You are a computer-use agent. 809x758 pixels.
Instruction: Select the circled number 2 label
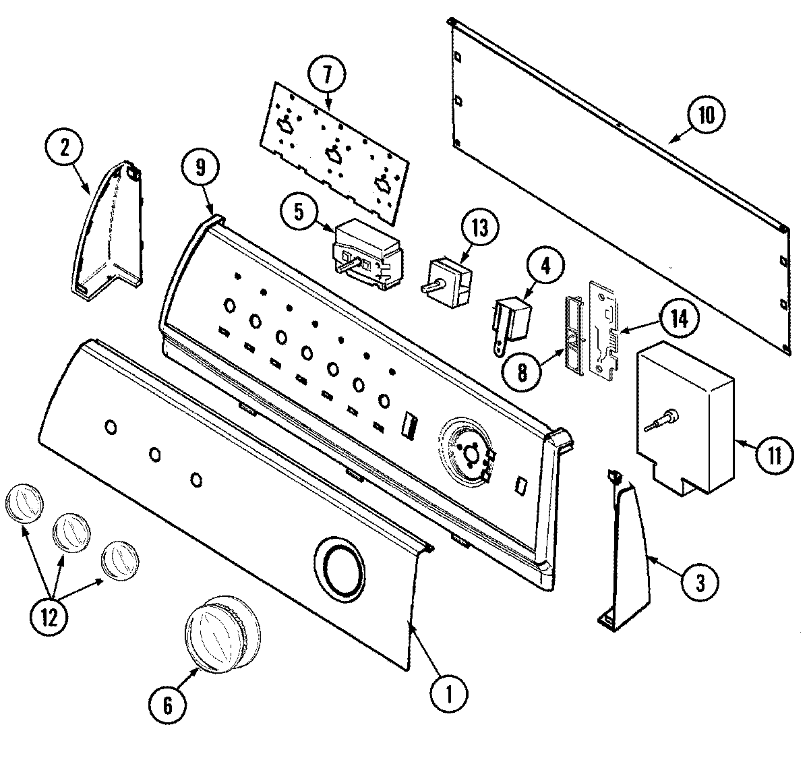click(x=65, y=148)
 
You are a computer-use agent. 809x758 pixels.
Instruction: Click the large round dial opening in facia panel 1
click(x=338, y=562)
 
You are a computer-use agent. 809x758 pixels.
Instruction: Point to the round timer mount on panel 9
click(x=469, y=452)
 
